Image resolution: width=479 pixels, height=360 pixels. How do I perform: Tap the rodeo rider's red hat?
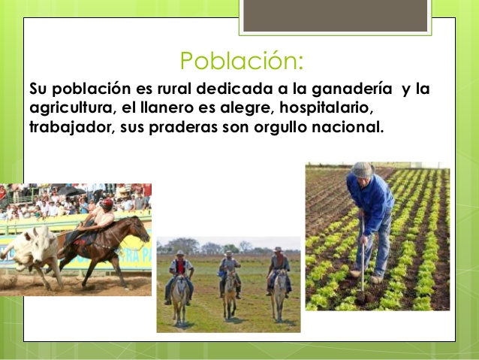107,201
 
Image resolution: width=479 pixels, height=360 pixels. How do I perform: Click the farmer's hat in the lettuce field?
362,169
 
